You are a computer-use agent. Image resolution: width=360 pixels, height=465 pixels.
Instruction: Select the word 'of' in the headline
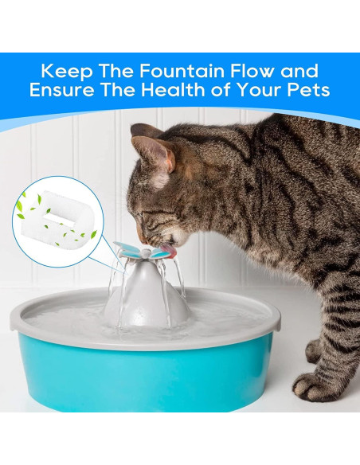(218, 90)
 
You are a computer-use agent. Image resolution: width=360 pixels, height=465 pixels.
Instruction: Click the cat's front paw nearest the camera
(315, 387)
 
